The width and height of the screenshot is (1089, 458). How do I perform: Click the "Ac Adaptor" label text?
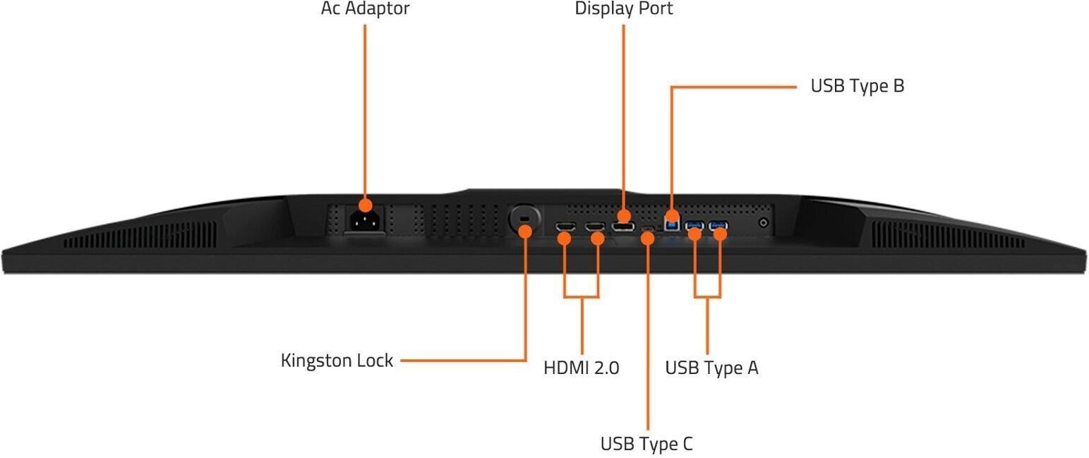[x=365, y=9]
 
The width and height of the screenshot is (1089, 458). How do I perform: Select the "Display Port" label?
[x=623, y=9]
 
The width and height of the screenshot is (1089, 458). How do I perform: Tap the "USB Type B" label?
[x=857, y=86]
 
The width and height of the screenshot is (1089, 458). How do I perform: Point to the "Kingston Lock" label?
[x=337, y=361]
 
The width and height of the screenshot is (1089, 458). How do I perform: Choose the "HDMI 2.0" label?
[x=581, y=368]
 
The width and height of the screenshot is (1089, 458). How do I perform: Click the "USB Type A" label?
[x=711, y=368]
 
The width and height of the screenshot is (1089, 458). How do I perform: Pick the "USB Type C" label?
[x=646, y=444]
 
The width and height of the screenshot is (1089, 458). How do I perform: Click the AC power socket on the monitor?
[x=365, y=222]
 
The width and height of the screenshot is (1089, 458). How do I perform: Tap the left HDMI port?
[x=565, y=227]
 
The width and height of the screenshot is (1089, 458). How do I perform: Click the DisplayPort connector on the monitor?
[x=622, y=226]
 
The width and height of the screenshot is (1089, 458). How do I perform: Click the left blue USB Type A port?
[x=695, y=226]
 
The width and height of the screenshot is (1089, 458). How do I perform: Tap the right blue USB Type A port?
[x=718, y=226]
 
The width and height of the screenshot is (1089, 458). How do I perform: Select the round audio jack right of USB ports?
[x=763, y=223]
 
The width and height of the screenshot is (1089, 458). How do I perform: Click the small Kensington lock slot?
[x=524, y=221]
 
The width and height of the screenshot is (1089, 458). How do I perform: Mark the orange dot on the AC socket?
[x=365, y=205]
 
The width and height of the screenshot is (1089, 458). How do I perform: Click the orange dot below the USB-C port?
[x=647, y=238]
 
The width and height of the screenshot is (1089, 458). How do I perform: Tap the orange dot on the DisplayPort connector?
[x=624, y=215]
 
